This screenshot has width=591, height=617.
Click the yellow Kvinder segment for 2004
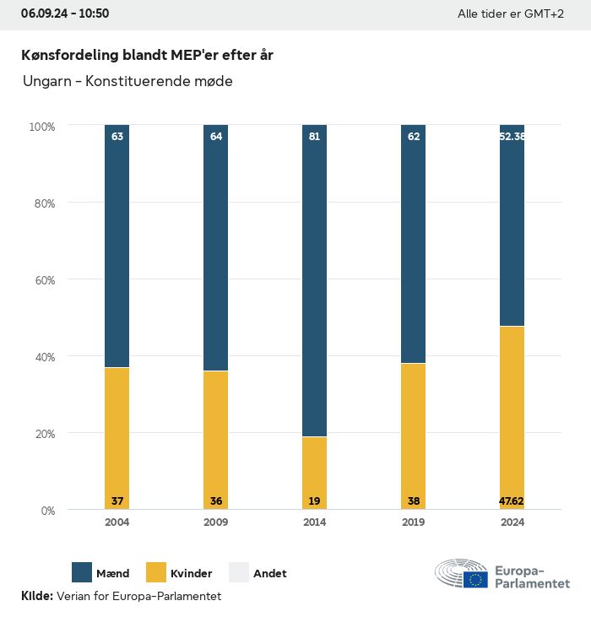[117, 438]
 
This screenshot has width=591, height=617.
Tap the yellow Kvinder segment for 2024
[512, 418]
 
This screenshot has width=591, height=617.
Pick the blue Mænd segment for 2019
[413, 244]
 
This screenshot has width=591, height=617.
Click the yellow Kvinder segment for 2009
[215, 440]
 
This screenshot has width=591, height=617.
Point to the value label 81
[314, 136]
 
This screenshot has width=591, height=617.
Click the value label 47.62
[512, 501]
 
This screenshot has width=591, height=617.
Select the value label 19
[314, 501]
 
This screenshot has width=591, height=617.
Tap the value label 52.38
[512, 136]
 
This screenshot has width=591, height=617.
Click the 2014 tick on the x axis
[314, 522]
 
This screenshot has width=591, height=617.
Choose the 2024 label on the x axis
[512, 522]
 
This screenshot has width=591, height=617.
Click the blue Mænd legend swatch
[82, 573]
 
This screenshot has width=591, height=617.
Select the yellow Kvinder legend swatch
[157, 573]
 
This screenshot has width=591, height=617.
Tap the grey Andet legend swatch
[239, 573]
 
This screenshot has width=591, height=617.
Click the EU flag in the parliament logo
[474, 580]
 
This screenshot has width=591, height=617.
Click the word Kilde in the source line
[36, 597]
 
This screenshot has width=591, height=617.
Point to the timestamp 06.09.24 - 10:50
[65, 14]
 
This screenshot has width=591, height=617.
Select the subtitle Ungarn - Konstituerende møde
[127, 82]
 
